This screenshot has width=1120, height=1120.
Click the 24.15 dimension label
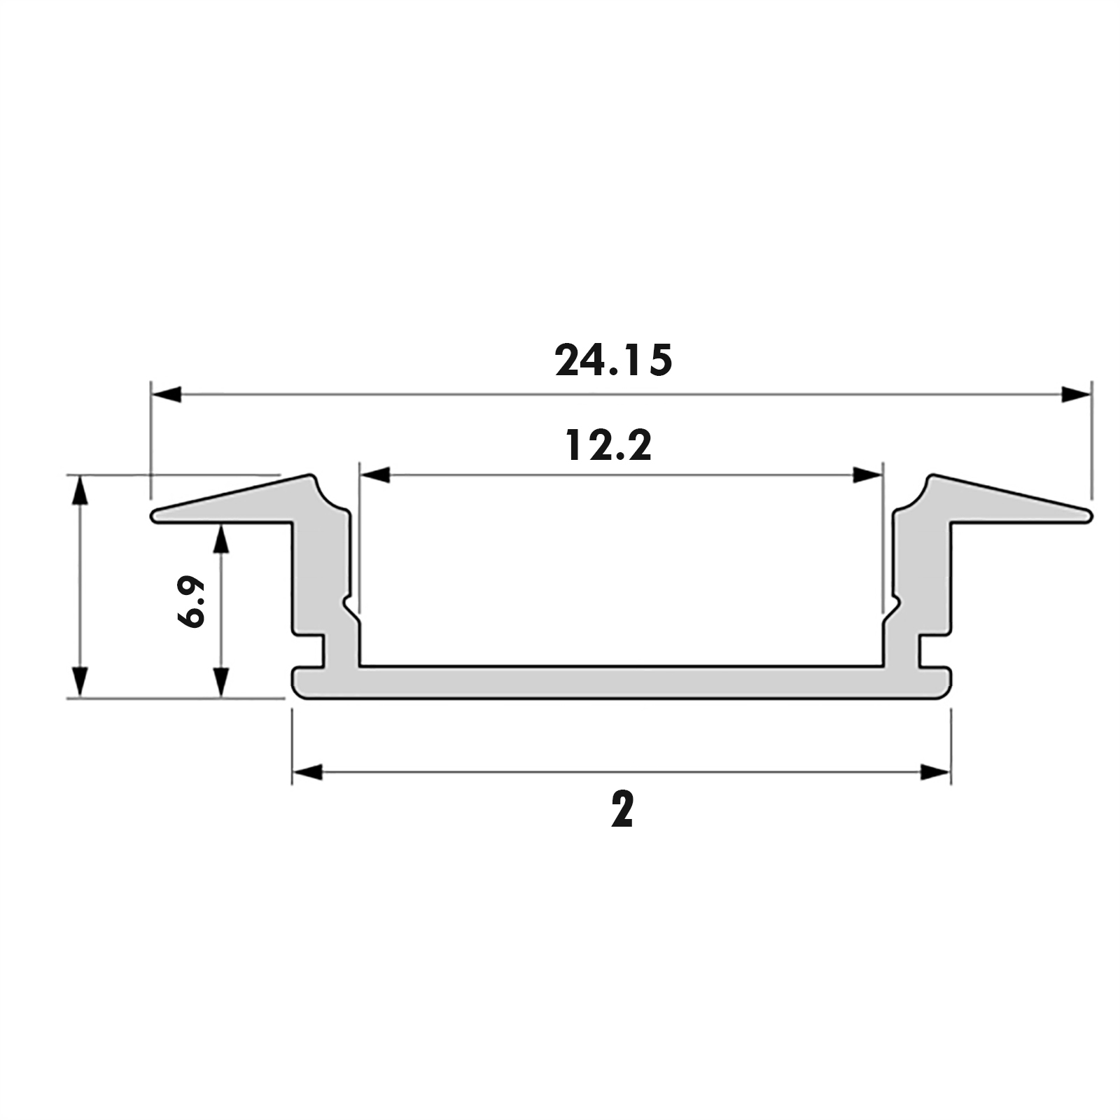click(614, 360)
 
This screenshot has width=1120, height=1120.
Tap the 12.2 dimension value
click(608, 445)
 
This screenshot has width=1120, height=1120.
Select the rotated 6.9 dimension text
click(191, 601)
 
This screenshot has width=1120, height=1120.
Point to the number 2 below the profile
click(622, 809)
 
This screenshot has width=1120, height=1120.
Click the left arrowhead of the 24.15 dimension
click(167, 394)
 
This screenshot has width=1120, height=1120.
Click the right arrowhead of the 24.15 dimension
click(1076, 394)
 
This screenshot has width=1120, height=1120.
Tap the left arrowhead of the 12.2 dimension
click(374, 475)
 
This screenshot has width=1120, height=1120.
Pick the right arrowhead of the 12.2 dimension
click(867, 475)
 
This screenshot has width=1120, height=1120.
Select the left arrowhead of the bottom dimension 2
click(307, 772)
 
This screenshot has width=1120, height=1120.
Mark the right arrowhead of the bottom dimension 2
click(935, 772)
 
